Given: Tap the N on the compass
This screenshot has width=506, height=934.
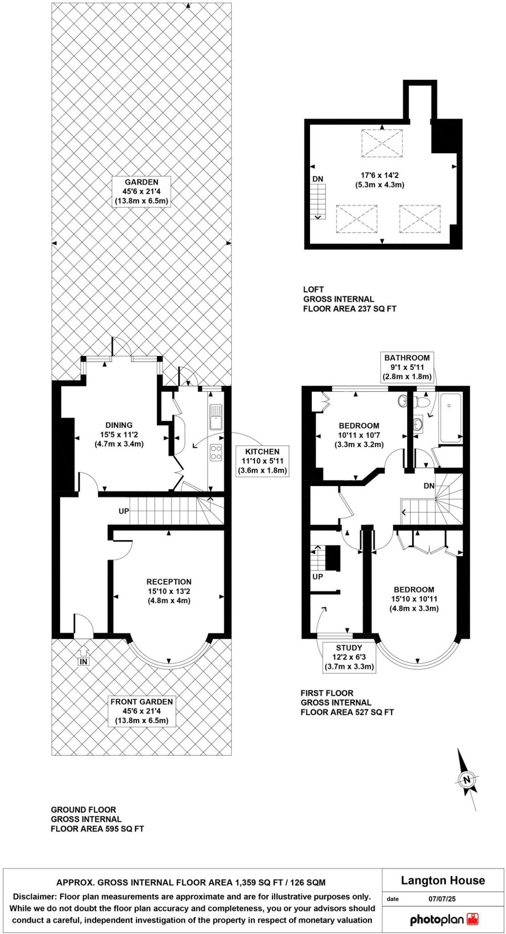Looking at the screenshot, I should pos(466,779).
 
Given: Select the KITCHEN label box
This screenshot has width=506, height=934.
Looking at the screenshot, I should pos(262,461).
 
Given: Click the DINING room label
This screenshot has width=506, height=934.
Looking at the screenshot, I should pos(119,434).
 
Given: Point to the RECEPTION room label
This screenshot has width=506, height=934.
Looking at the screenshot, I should pos(169,591).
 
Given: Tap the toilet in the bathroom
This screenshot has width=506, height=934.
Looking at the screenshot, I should pos(421,402).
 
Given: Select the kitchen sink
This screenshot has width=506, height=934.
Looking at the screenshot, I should pos(215,417).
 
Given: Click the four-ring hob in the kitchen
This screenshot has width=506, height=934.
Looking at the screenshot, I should pos(216,452).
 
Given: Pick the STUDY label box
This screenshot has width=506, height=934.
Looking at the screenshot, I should pos(349,657).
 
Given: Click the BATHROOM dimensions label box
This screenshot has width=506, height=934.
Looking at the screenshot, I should pos(407,367).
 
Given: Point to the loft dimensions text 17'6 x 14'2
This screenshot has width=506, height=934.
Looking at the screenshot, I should pos(380,180).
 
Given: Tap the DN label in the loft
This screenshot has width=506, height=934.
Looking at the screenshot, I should pos(318,179).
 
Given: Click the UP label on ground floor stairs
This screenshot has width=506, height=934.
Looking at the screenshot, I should pos(124,511).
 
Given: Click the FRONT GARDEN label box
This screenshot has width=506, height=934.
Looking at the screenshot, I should pos(141,711).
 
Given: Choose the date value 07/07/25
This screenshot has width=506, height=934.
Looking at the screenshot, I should pos(441,899).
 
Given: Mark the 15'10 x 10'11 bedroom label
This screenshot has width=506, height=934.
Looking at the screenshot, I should pos(414,599).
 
